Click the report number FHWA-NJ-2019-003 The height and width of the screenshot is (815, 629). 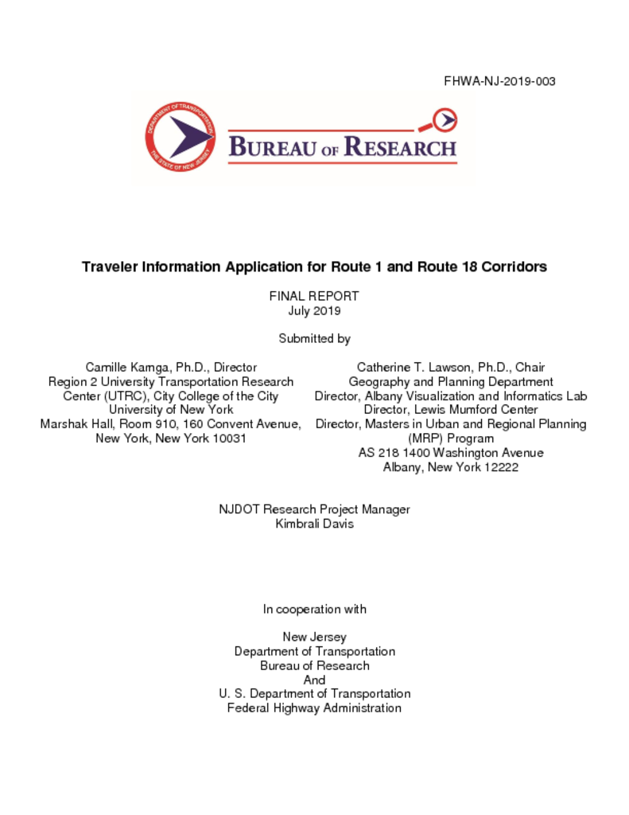click(x=499, y=81)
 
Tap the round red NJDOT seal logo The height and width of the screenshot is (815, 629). click(x=180, y=136)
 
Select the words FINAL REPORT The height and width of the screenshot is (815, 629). click(x=314, y=296)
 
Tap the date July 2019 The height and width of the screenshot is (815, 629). click(x=314, y=310)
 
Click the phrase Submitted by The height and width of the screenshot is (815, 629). click(x=314, y=338)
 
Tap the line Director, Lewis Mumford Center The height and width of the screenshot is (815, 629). click(x=451, y=410)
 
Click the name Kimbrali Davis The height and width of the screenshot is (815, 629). click(x=314, y=524)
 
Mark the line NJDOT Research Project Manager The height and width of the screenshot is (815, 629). click(x=314, y=509)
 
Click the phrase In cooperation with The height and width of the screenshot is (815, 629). click(x=314, y=609)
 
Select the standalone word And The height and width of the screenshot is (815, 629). click(x=314, y=680)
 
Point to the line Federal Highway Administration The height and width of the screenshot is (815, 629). click(x=314, y=708)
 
